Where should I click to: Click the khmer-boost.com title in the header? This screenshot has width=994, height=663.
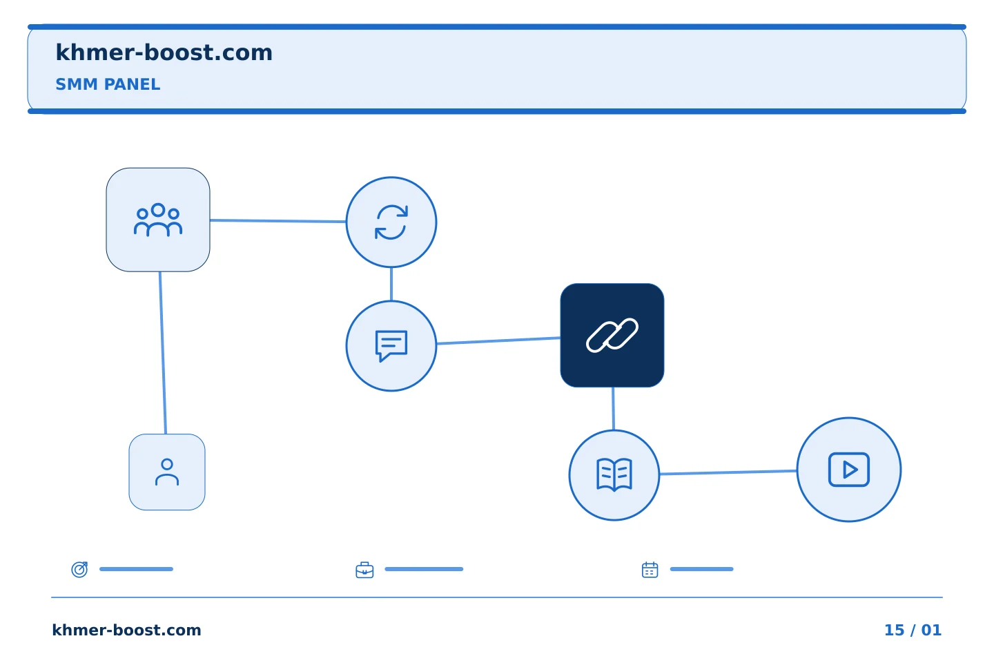pyautogui.click(x=164, y=52)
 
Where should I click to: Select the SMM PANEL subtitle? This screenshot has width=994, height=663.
pyautogui.click(x=108, y=84)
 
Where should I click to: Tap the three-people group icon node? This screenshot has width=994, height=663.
pyautogui.click(x=158, y=220)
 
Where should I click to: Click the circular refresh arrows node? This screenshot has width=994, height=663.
pyautogui.click(x=391, y=222)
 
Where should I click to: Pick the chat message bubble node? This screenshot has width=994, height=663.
pyautogui.click(x=391, y=346)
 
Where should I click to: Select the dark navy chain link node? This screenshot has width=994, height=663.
pyautogui.click(x=612, y=335)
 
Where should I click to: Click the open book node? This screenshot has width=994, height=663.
pyautogui.click(x=614, y=475)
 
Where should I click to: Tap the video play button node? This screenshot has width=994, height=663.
pyautogui.click(x=849, y=470)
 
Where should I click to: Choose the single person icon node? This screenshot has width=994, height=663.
pyautogui.click(x=167, y=472)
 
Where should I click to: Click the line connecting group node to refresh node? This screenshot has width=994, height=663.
pyautogui.click(x=277, y=221)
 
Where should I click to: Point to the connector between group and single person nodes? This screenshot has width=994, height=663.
pyautogui.click(x=163, y=353)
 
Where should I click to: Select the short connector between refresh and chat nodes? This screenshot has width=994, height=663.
pyautogui.click(x=391, y=285)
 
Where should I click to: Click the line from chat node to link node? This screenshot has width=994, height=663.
pyautogui.click(x=498, y=340)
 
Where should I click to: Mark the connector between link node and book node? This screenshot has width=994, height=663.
pyautogui.click(x=613, y=409)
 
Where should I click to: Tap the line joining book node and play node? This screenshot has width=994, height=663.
pyautogui.click(x=728, y=472)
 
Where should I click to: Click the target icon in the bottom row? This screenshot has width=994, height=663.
pyautogui.click(x=80, y=569)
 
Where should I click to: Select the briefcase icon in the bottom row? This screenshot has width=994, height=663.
pyautogui.click(x=364, y=570)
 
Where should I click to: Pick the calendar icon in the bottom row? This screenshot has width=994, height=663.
pyautogui.click(x=650, y=570)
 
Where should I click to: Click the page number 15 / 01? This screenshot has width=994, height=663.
pyautogui.click(x=913, y=630)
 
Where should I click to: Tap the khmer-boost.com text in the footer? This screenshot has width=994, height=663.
pyautogui.click(x=126, y=630)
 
